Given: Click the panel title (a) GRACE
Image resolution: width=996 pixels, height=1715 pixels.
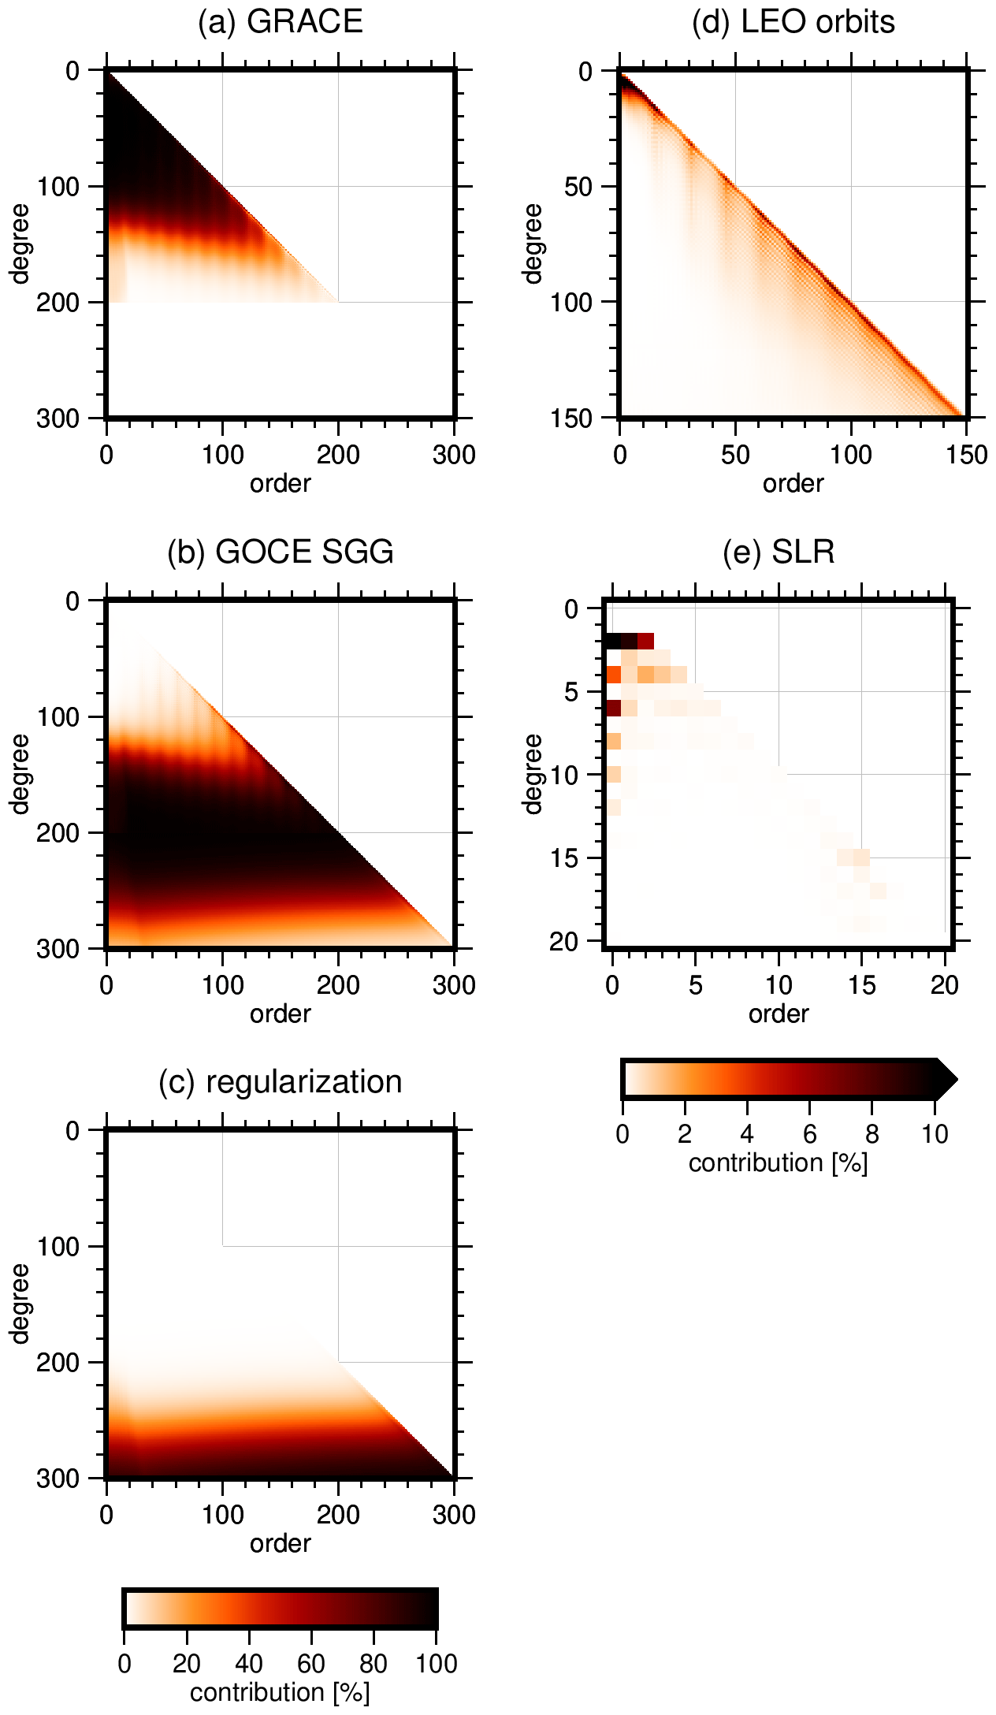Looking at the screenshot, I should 280,21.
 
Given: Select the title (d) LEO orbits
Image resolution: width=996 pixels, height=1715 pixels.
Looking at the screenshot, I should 793,21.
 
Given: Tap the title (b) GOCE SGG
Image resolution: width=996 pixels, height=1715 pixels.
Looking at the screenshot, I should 280,552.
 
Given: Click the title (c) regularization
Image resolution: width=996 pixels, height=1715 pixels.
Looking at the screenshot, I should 280,1081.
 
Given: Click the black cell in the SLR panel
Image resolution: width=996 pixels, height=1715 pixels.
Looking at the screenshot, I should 613,641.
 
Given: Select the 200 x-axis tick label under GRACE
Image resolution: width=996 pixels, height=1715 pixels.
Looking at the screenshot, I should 338,455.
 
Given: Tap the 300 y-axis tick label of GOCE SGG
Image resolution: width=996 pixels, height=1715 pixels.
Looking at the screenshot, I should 58,949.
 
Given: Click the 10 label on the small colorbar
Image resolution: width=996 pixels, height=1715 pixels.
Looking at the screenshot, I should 935,1134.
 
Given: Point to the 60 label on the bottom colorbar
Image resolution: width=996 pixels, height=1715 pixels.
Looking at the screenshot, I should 311,1664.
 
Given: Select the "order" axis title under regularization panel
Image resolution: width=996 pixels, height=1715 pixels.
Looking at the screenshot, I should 280,1543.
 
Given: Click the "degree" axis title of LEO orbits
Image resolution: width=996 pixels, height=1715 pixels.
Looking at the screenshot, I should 533,244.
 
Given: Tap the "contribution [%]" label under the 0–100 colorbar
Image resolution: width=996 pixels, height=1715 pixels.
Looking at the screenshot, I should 280,1692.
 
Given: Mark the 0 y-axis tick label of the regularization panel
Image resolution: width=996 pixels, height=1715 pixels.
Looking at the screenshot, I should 72,1131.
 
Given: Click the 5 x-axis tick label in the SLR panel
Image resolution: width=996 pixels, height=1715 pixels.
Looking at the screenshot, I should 696,985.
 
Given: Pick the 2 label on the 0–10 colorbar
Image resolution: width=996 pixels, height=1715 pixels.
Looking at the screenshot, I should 684,1134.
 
